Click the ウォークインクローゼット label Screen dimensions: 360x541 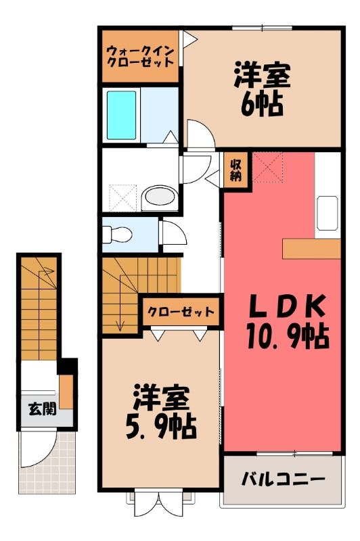(140, 57)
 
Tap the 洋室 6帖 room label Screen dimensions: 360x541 (262, 89)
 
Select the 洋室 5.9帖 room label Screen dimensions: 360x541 (161, 412)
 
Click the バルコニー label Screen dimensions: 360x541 (283, 479)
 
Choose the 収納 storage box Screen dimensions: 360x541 (236, 170)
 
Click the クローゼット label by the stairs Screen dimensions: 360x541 (181, 312)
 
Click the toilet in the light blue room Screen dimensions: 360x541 (117, 234)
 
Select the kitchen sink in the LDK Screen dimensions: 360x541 (328, 213)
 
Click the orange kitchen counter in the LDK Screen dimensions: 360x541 (312, 248)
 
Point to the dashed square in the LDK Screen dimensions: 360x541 (267, 168)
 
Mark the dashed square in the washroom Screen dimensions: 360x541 (123, 197)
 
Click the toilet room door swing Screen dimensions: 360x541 (175, 233)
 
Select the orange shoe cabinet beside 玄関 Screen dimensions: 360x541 (66, 392)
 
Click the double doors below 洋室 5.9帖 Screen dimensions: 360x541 (160, 503)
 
